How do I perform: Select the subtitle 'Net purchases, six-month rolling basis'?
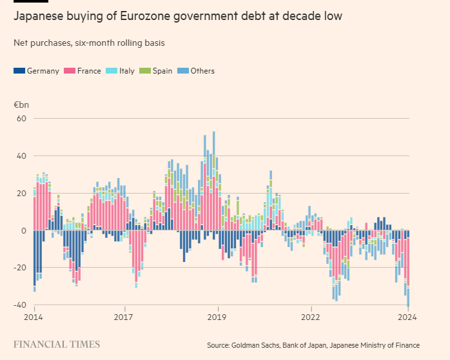click(x=88, y=43)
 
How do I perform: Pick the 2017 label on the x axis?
click(x=124, y=317)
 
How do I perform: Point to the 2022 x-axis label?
click(x=311, y=317)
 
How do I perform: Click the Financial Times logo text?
click(x=57, y=345)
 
